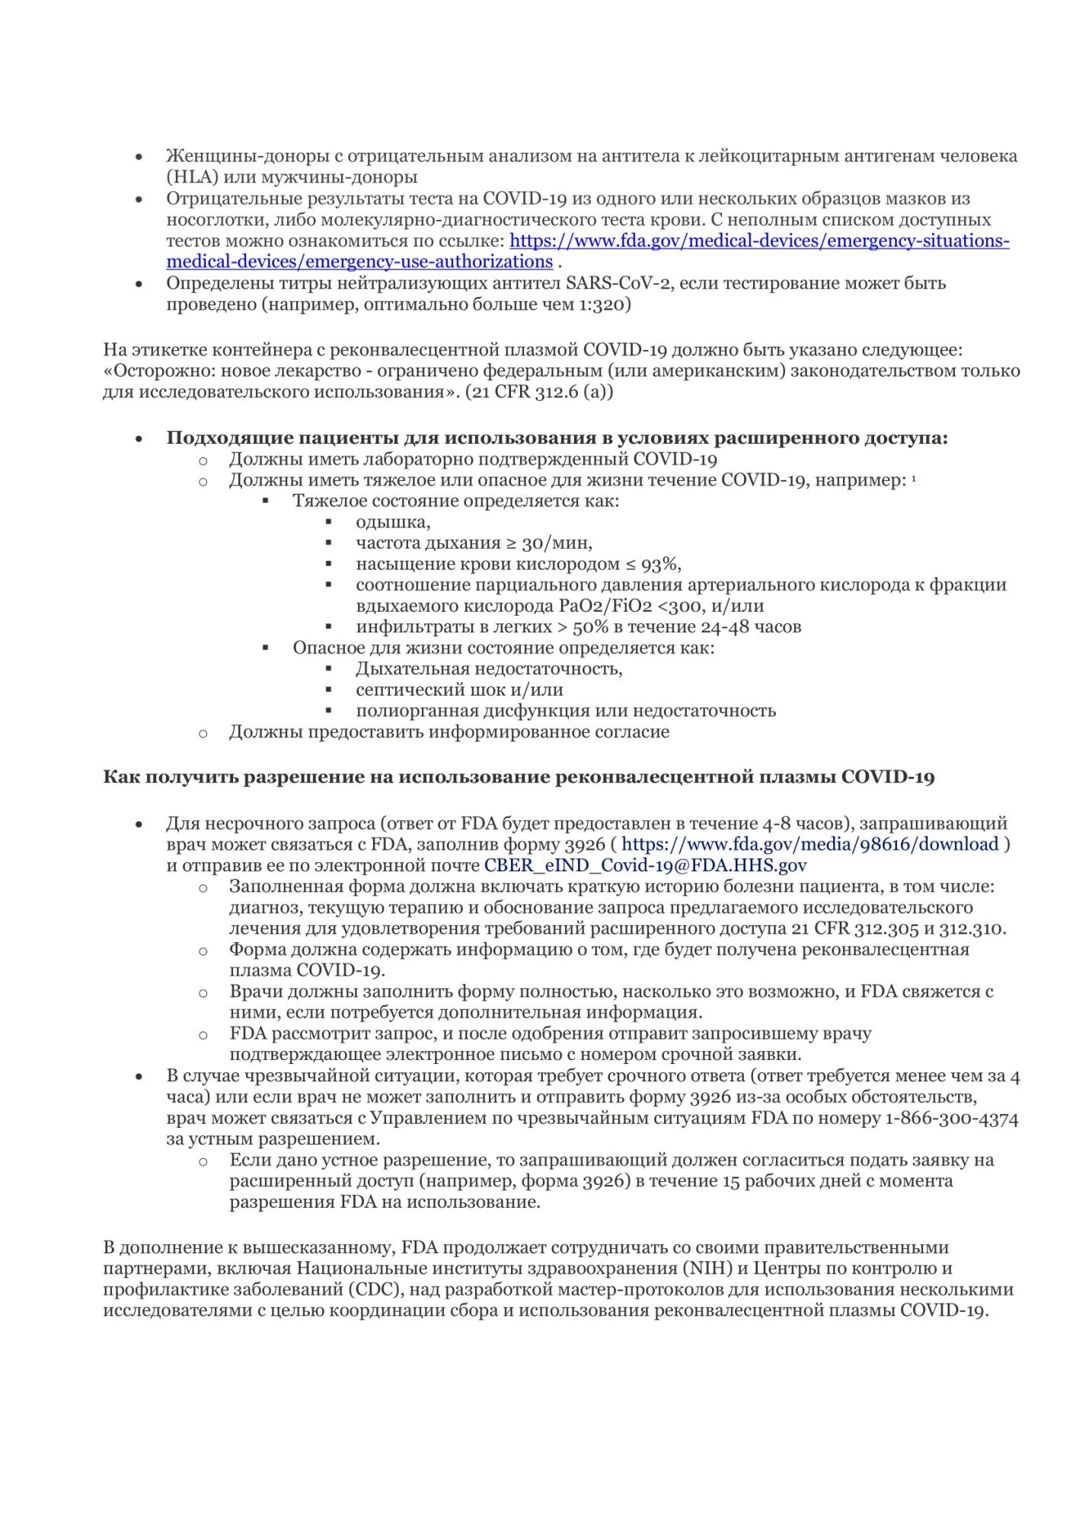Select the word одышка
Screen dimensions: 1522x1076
coord(392,522)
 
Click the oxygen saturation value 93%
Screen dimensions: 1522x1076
coord(661,564)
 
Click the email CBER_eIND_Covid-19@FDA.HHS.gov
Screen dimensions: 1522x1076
coord(646,865)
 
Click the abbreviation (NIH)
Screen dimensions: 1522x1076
coord(706,1269)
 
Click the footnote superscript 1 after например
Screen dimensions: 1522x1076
coord(914,478)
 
